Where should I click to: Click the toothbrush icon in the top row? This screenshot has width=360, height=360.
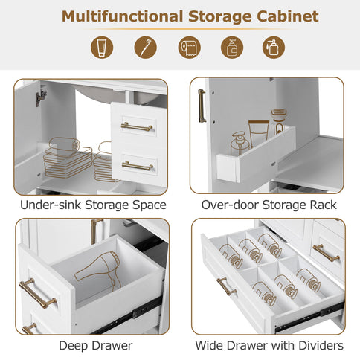point(146,48)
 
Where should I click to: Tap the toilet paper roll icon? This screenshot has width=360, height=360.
point(189,48)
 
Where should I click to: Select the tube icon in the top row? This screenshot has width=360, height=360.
point(103,48)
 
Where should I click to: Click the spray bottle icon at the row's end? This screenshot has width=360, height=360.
point(274,48)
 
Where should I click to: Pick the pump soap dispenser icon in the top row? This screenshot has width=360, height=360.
point(231,48)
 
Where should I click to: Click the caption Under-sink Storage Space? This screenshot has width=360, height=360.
point(93,205)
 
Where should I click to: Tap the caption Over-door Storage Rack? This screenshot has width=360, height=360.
point(269,205)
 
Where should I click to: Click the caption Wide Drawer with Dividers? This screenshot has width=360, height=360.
point(269,345)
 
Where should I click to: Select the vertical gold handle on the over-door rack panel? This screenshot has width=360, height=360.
point(201,105)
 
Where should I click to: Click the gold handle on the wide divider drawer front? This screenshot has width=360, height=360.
point(226,286)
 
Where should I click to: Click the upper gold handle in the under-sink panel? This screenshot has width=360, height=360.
point(137,127)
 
